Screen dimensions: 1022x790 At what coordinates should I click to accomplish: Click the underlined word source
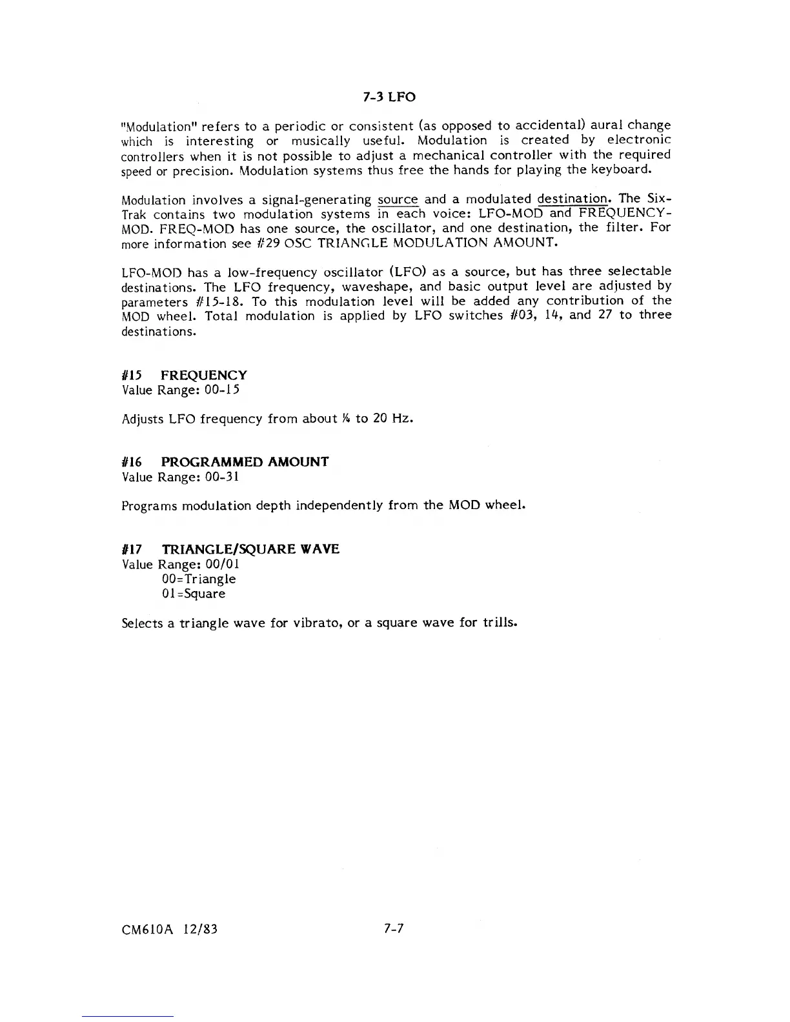click(398, 200)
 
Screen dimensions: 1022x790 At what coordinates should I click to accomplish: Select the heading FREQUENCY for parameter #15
click(204, 376)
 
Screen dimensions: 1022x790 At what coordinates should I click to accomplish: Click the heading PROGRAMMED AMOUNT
click(245, 462)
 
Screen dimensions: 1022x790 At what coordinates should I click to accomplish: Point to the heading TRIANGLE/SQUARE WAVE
click(250, 549)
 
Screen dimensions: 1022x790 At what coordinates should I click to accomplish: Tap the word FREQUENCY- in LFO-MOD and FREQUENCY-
click(624, 214)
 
